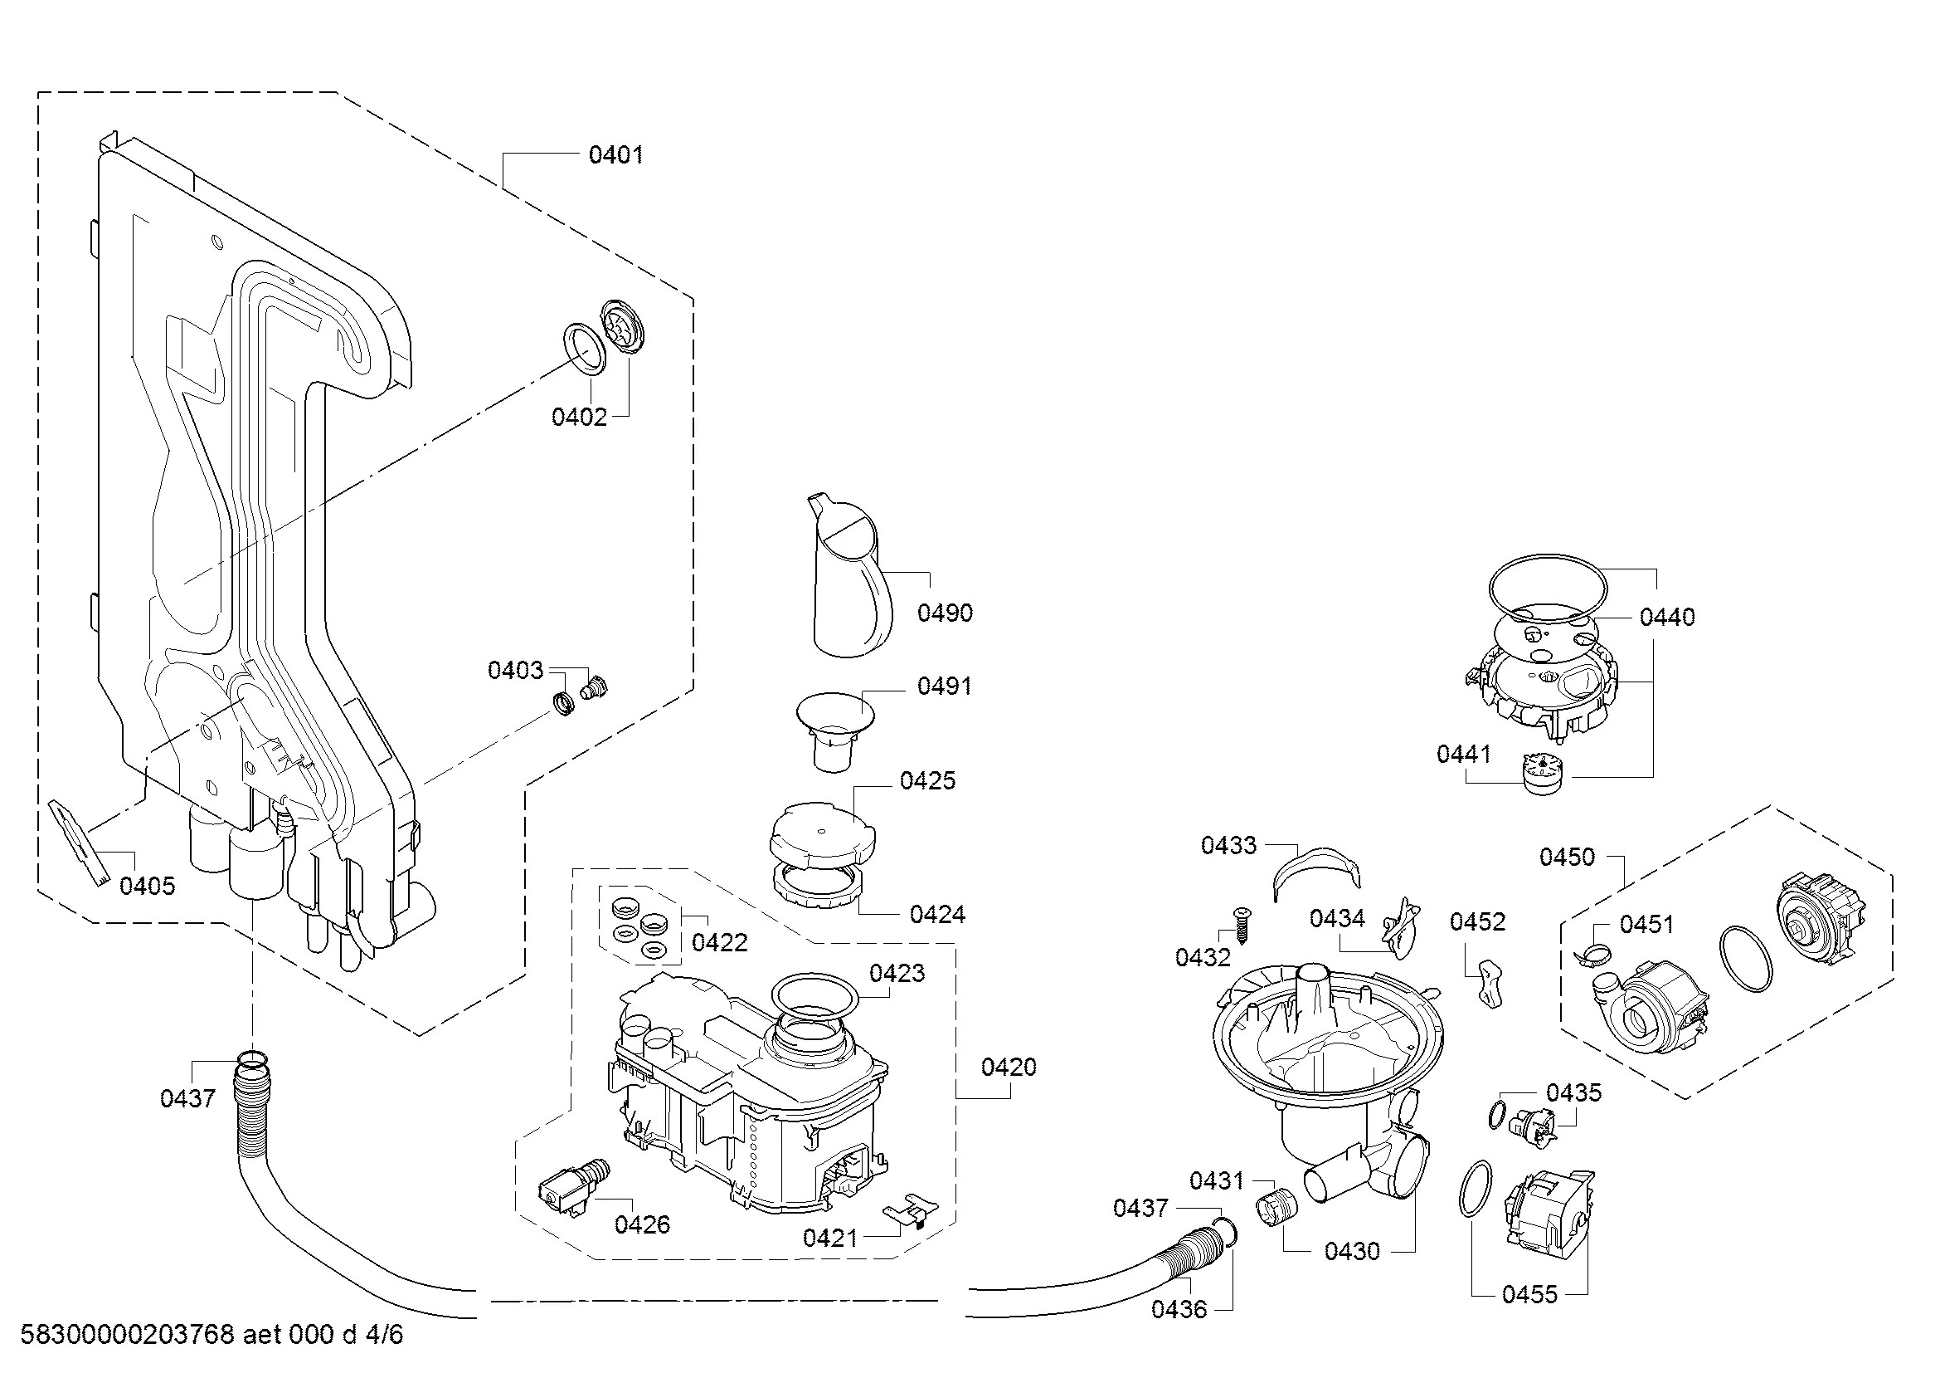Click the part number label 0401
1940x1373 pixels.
(x=615, y=154)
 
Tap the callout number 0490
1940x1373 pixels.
(x=945, y=613)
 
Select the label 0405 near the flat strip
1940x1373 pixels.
(x=147, y=886)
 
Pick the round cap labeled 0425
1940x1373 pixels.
(x=821, y=832)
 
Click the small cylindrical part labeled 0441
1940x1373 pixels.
(x=1543, y=774)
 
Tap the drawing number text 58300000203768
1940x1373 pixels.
(x=127, y=1335)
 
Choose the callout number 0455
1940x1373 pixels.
(x=1529, y=1294)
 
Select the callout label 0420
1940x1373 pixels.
(x=1008, y=1067)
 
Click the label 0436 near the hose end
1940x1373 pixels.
(x=1179, y=1309)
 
